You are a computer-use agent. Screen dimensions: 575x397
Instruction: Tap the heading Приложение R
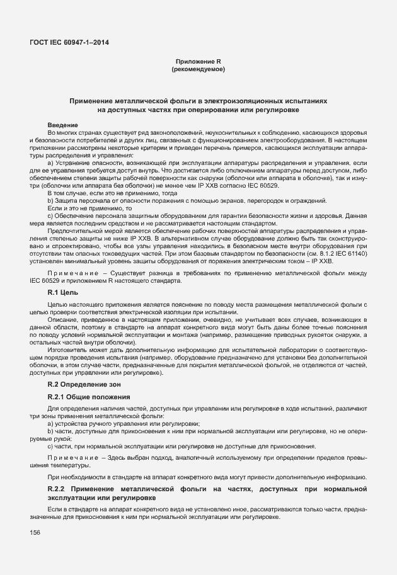coord(198,61)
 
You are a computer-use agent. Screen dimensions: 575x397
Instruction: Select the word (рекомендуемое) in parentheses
coord(198,69)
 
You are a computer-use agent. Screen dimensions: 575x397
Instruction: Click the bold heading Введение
coord(62,125)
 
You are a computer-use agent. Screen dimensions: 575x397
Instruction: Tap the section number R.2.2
coord(57,489)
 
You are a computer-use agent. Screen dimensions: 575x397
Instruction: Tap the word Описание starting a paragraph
coord(61,319)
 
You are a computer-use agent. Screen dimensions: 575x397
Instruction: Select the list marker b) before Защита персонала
coord(50,200)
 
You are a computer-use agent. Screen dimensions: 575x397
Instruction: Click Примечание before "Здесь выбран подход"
coord(72,456)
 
